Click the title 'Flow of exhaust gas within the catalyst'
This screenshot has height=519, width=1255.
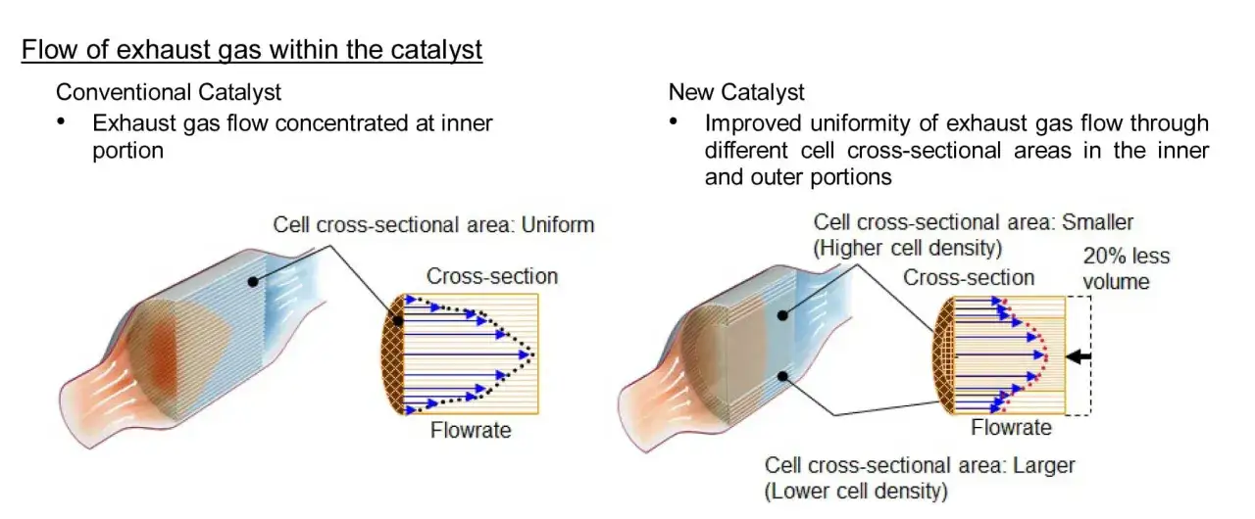[x=252, y=49]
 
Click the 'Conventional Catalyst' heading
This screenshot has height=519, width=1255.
[x=168, y=92]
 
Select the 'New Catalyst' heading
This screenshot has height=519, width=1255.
[x=736, y=92]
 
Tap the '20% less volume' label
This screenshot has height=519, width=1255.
[x=1127, y=268]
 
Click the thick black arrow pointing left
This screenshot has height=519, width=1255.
[x=1078, y=356]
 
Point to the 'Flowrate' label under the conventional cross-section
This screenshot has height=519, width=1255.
[x=471, y=430]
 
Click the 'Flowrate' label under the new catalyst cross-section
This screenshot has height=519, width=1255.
[x=1011, y=427]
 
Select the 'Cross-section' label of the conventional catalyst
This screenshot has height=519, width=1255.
[x=492, y=276]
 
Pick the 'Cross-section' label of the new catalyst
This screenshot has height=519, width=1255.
[x=969, y=277]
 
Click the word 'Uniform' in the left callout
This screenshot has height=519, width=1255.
[x=558, y=225]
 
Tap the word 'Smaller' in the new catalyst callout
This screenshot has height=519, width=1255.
[x=1097, y=222]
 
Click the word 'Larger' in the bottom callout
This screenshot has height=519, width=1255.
[x=1044, y=465]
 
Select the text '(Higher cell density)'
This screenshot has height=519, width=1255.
[x=908, y=248]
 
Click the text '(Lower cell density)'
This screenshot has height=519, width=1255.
[x=856, y=491]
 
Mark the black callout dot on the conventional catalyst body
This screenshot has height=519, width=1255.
[x=253, y=282]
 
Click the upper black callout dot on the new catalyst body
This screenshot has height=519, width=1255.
[x=782, y=316]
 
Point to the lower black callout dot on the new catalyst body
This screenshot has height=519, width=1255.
[x=782, y=376]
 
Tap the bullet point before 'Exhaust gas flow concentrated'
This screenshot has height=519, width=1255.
[x=61, y=121]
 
